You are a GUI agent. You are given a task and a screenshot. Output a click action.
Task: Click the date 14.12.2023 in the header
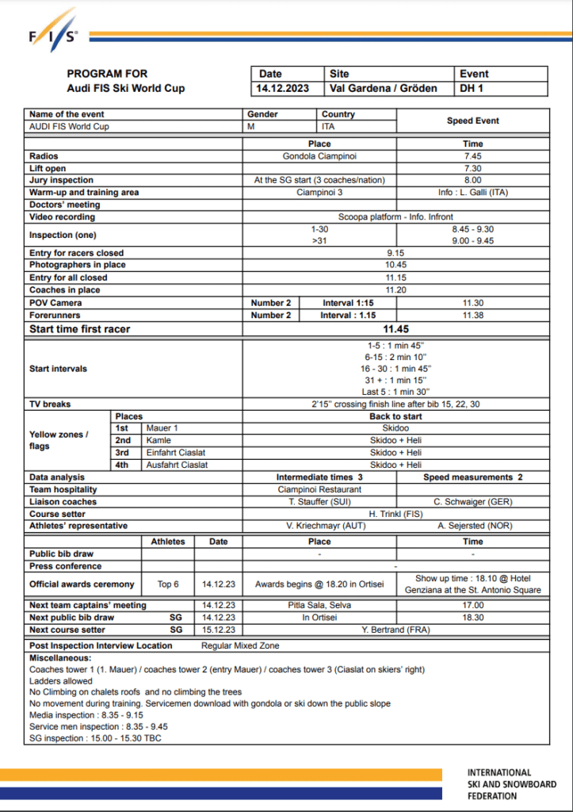click(x=283, y=88)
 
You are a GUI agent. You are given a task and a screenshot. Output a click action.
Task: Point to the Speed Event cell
click(x=472, y=121)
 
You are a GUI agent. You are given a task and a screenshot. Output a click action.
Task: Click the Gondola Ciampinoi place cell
click(x=319, y=156)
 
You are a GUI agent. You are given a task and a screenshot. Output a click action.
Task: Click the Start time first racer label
click(x=80, y=329)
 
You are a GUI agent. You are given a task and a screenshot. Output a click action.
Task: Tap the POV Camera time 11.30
click(x=472, y=303)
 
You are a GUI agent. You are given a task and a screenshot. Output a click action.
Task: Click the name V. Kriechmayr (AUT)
click(x=319, y=526)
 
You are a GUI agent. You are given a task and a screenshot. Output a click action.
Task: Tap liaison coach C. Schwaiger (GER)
click(x=472, y=502)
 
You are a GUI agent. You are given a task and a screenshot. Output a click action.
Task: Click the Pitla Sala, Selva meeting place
click(x=319, y=605)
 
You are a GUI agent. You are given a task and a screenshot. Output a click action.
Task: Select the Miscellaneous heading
click(x=60, y=658)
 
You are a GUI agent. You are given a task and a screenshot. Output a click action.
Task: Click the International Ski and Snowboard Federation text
click(x=511, y=783)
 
